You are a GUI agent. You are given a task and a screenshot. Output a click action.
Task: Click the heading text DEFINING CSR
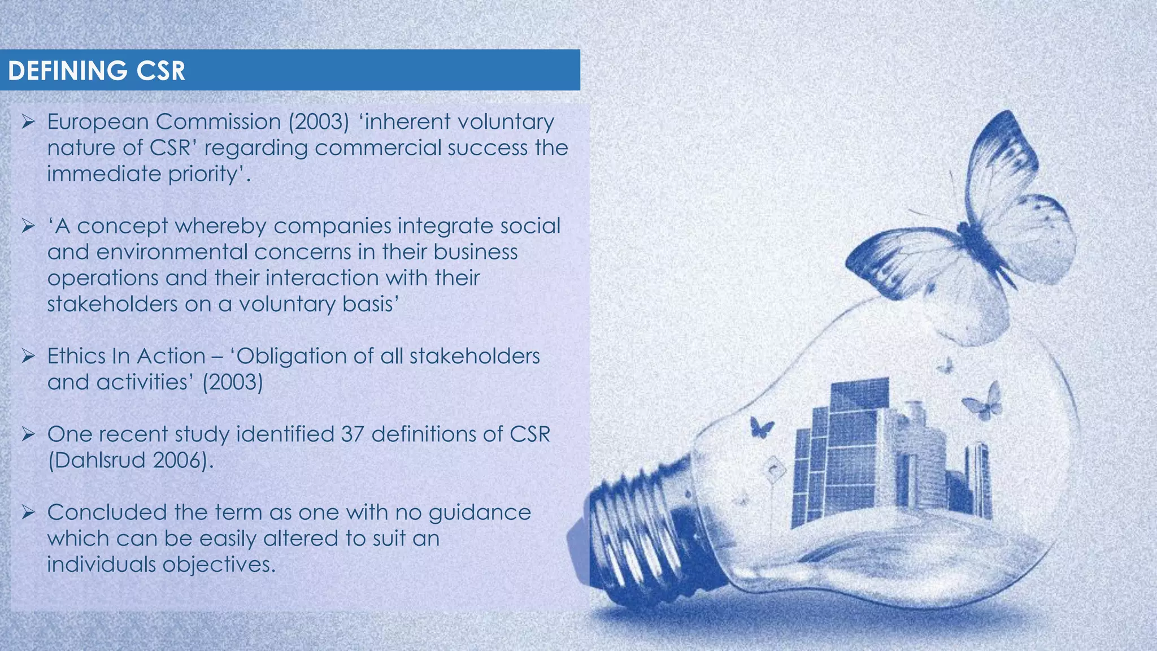pos(97,71)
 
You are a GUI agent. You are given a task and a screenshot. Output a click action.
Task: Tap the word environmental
pos(172,252)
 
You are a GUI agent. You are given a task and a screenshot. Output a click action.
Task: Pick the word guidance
pos(480,513)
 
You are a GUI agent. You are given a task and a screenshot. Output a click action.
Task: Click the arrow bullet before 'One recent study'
pos(28,435)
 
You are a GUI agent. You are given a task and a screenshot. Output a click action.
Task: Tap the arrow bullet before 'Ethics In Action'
pos(28,357)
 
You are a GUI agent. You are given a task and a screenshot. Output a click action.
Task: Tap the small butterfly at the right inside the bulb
pos(984,401)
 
